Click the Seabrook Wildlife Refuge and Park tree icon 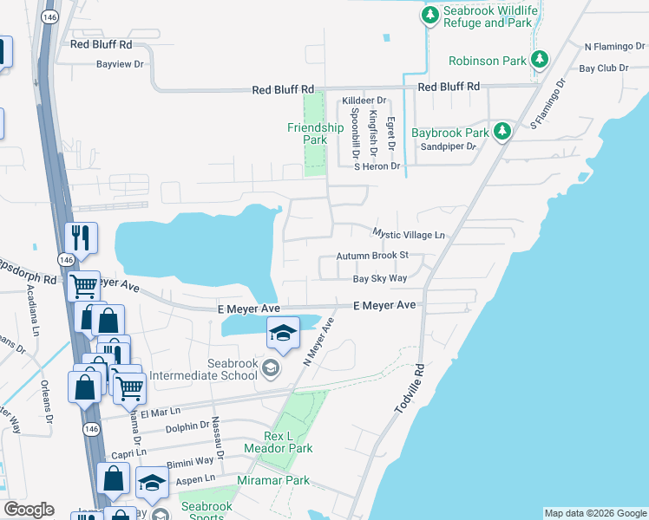coord(429,15)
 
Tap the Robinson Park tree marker coord(540,60)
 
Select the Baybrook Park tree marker coord(501,132)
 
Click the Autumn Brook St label coord(372,256)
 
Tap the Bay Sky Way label coord(379,278)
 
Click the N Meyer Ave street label coord(318,341)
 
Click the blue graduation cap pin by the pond coord(283,332)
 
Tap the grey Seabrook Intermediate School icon coord(271,369)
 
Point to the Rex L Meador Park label coord(288,442)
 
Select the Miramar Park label coord(273,480)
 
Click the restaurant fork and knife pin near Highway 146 coord(82,237)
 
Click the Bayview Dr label coord(120,64)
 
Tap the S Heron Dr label coord(376,166)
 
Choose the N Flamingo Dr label coord(615,47)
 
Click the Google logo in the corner coord(28,510)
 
